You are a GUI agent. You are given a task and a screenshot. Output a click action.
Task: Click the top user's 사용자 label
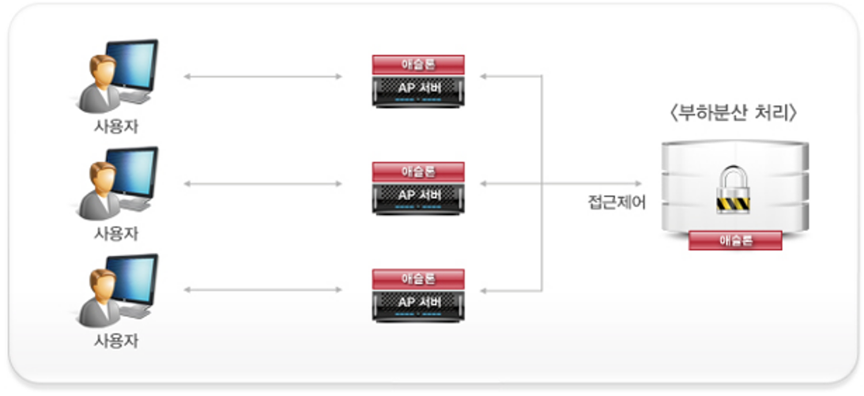click(x=116, y=126)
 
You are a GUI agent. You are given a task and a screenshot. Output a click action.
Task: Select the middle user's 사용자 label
click(x=116, y=234)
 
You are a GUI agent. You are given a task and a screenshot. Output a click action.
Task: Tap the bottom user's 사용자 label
click(x=116, y=341)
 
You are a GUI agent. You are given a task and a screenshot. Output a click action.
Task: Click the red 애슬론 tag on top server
click(x=418, y=64)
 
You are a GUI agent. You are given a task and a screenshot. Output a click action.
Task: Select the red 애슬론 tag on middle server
click(x=418, y=171)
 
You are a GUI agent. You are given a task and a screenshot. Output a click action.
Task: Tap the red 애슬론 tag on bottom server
click(x=418, y=278)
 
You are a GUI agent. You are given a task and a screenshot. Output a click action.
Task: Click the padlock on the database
click(x=734, y=190)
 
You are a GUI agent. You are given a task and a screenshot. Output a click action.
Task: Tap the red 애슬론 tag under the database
click(x=735, y=240)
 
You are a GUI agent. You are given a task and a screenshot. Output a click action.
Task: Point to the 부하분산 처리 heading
click(x=734, y=113)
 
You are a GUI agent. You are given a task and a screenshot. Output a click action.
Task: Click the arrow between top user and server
click(x=262, y=77)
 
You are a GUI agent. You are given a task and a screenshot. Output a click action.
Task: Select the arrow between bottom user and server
click(x=262, y=290)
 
